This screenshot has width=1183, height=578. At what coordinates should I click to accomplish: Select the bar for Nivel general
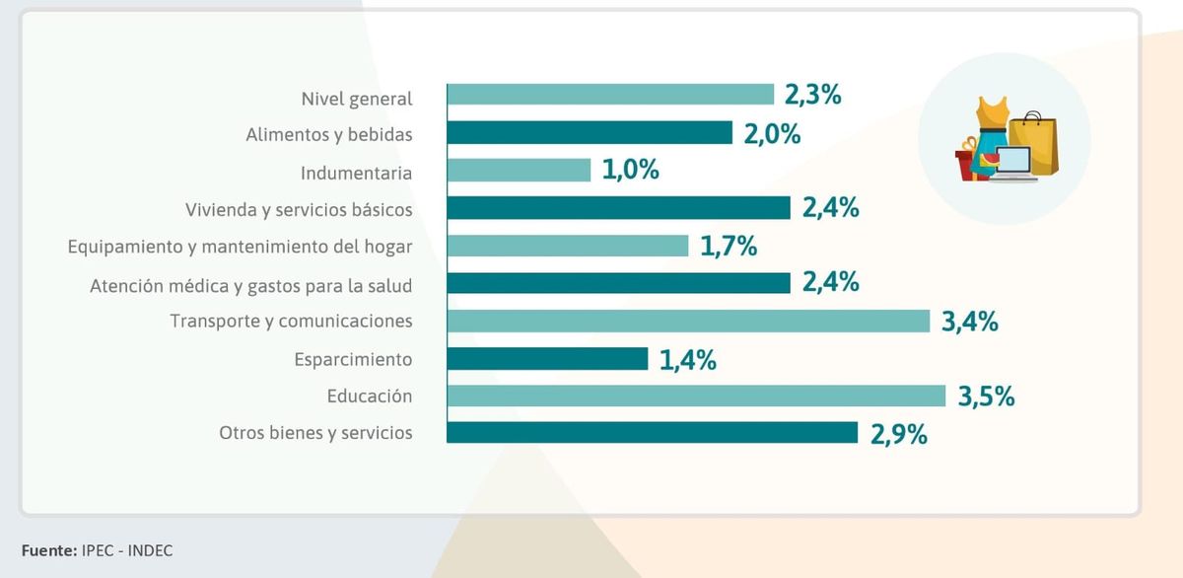coord(610,95)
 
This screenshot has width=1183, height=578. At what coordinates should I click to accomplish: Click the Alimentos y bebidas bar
coord(590,133)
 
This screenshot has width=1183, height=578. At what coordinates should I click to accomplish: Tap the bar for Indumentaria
coord(519,170)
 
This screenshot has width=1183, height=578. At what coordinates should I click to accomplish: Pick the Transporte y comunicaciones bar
coord(688,321)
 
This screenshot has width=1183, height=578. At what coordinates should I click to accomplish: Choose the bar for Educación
coord(696,396)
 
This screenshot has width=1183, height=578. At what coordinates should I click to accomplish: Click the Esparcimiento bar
coord(547,358)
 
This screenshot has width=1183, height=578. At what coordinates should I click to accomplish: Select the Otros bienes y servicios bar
coord(652,433)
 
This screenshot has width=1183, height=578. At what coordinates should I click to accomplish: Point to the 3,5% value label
coord(986,397)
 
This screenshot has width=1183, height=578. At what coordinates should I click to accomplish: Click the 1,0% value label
coord(630,170)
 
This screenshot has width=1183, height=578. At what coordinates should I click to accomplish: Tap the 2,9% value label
coord(898,434)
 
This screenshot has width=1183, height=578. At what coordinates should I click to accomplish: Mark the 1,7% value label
coord(729,246)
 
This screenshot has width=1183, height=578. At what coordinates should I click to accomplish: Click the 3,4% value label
coord(970,322)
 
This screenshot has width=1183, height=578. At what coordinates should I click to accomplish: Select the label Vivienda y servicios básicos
coord(299,209)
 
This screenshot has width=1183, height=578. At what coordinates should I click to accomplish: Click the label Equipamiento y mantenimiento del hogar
coord(240,247)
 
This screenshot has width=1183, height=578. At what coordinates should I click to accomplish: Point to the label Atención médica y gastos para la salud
coord(250,285)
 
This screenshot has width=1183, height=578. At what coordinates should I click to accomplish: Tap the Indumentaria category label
coord(356,172)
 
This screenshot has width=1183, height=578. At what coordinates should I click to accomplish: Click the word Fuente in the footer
coord(46,550)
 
